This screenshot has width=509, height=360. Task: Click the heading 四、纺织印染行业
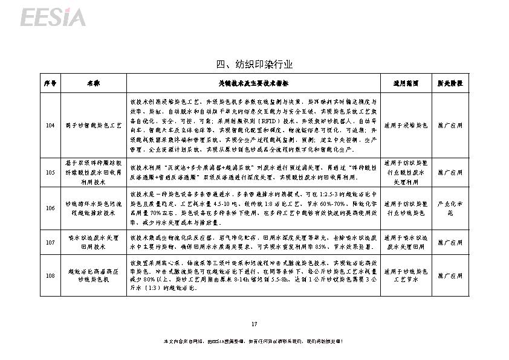point(254,64)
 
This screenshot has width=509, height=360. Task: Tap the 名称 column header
point(93,83)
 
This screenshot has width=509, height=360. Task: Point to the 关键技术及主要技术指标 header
point(253,83)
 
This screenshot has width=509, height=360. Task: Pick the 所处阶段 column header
point(450,83)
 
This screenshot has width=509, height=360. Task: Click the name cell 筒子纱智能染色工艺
point(93,125)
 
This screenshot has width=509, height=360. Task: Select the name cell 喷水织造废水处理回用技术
point(93,243)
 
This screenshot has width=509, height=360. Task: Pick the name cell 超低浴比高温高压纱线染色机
point(93,276)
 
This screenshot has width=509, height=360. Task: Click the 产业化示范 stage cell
point(450,208)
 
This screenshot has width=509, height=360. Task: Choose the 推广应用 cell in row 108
point(450,276)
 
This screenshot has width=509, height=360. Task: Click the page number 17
point(254,321)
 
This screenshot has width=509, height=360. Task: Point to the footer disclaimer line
point(254,342)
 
